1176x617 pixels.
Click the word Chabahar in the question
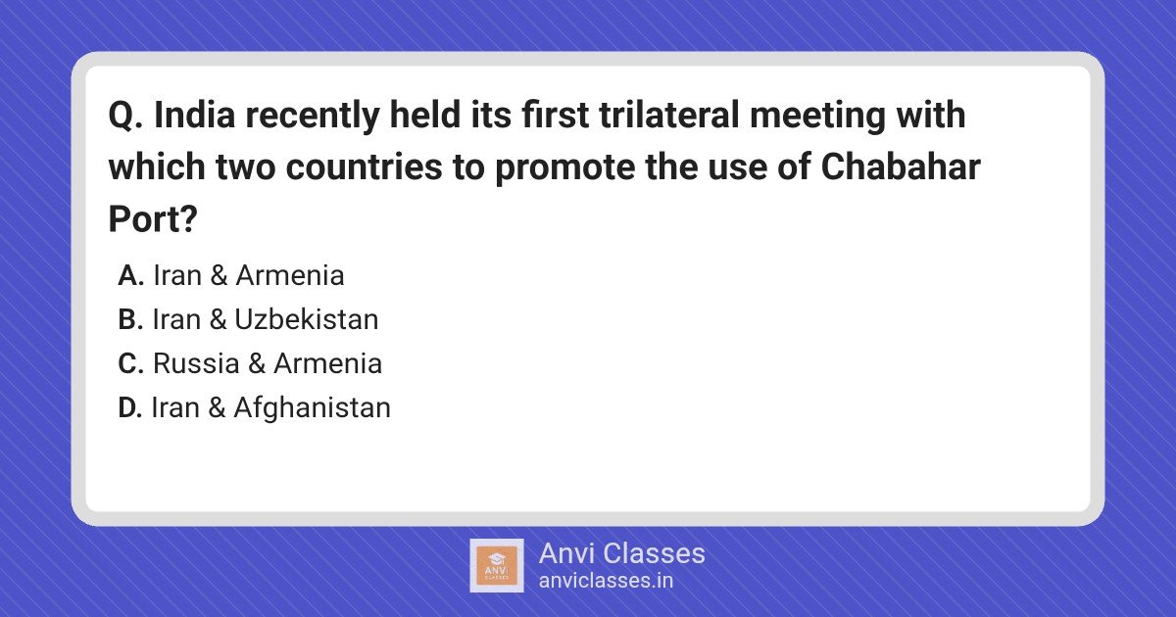[901, 166]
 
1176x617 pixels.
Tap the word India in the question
[195, 115]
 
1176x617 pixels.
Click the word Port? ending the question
[153, 218]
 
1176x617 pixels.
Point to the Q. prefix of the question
[125, 116]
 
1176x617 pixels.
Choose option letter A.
[130, 275]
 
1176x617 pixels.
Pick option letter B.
[130, 319]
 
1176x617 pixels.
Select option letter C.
[131, 363]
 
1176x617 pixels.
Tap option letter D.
[130, 407]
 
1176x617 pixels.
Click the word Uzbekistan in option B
[307, 319]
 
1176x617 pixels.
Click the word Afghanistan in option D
[313, 408]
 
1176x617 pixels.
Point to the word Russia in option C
[196, 363]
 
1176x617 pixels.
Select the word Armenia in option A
[290, 275]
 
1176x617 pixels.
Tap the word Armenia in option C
[327, 363]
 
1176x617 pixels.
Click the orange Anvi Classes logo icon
[497, 566]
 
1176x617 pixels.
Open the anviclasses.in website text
[606, 581]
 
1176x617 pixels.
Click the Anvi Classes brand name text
[622, 553]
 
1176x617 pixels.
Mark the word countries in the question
[365, 166]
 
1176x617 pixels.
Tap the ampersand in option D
[217, 407]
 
